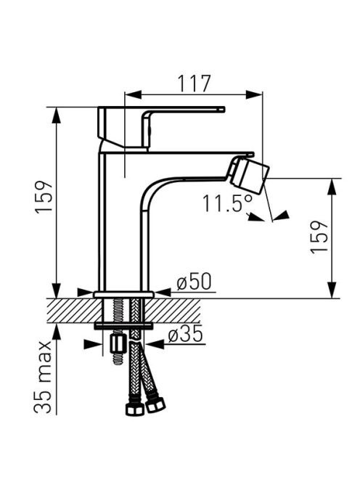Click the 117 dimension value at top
[195, 83]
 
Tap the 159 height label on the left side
[44, 197]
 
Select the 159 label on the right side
[319, 237]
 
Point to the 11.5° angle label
[228, 203]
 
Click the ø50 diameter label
[195, 282]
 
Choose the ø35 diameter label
[185, 334]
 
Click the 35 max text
[42, 377]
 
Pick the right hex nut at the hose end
[155, 405]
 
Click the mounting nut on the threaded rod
[118, 344]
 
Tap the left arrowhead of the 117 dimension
[133, 94]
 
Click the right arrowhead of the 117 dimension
[254, 94]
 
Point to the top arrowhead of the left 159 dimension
[57, 115]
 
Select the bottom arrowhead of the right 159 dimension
[332, 290]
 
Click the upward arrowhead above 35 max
[57, 332]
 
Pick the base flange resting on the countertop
[123, 295]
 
